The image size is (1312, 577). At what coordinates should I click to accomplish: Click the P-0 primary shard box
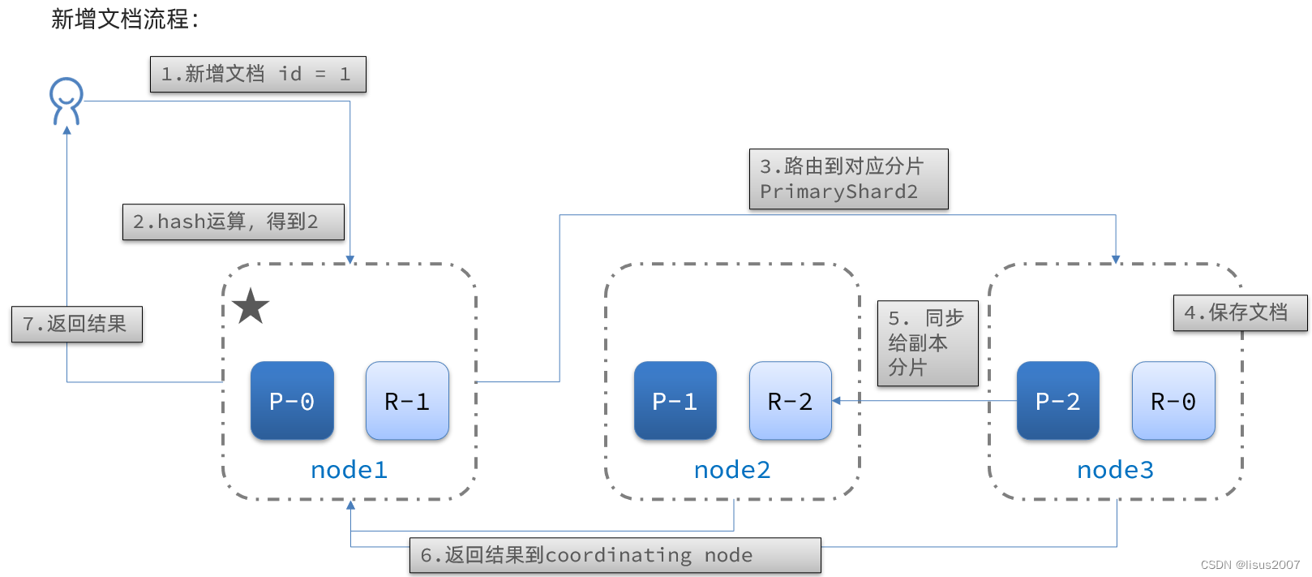292,401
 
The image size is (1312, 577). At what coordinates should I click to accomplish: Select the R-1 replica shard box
407,401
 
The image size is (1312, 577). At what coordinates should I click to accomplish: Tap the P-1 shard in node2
675,401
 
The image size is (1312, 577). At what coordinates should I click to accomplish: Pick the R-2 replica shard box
791,401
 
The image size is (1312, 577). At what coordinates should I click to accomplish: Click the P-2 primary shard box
1058,401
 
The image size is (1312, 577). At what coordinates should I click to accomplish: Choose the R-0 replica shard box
1173,401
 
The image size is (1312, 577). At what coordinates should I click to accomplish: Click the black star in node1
251,307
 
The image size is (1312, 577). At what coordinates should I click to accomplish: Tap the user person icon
66,101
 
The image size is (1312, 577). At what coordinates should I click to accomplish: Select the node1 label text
349,470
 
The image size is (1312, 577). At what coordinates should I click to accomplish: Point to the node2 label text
732,470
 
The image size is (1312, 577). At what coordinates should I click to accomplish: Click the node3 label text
1115,470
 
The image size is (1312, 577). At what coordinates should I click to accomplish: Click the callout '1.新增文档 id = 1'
258,74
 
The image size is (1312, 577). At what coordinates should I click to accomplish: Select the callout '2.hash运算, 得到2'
234,222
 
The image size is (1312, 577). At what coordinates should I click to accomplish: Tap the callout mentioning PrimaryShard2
848,179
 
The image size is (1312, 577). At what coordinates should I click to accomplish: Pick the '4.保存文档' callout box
1240,312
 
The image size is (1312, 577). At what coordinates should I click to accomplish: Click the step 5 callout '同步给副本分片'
928,342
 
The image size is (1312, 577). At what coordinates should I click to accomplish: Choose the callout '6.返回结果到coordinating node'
615,555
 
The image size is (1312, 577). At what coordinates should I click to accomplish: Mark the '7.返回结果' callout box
77,324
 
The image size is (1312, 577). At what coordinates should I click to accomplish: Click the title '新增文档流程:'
125,19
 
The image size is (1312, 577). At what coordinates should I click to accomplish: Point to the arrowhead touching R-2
837,400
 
